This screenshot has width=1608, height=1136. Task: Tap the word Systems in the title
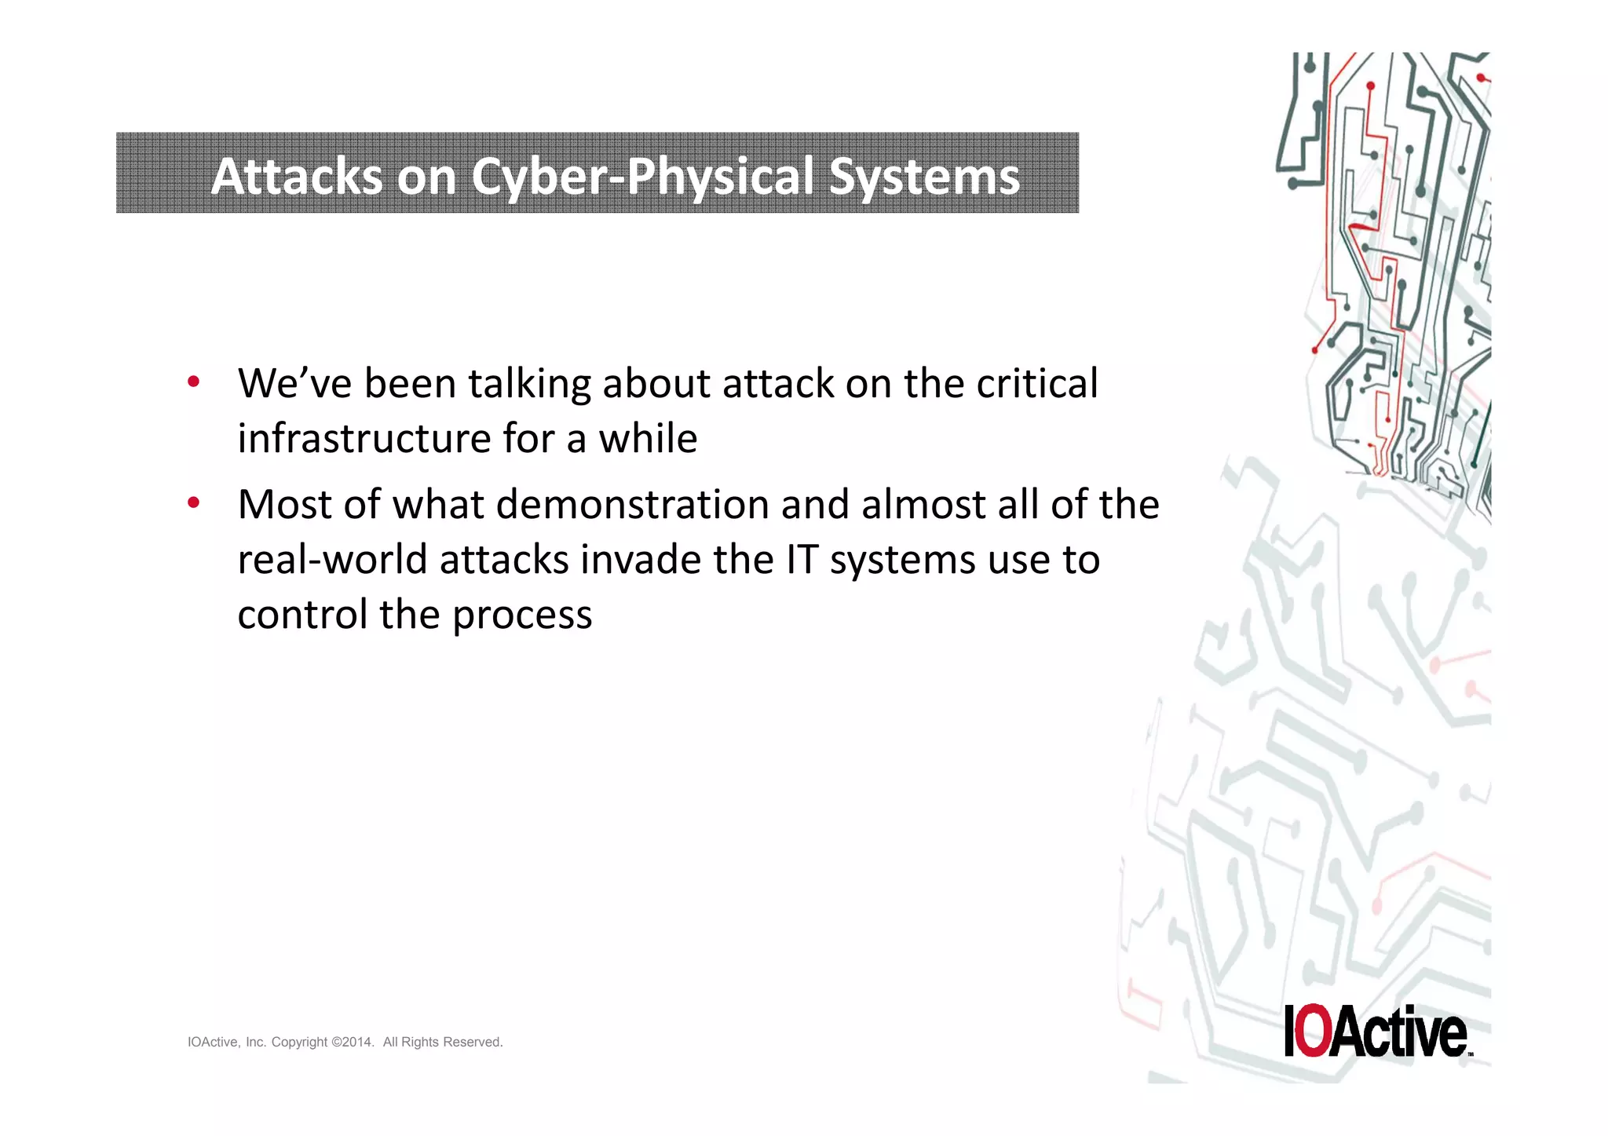924,176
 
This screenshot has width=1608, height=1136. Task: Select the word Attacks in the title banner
297,176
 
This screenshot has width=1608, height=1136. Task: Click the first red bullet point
193,382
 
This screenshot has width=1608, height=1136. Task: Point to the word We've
294,384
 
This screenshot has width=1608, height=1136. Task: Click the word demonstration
632,504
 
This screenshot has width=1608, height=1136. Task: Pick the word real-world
332,560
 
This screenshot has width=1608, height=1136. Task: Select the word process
522,615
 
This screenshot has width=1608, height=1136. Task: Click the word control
302,615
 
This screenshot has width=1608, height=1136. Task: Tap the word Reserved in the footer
473,1043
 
